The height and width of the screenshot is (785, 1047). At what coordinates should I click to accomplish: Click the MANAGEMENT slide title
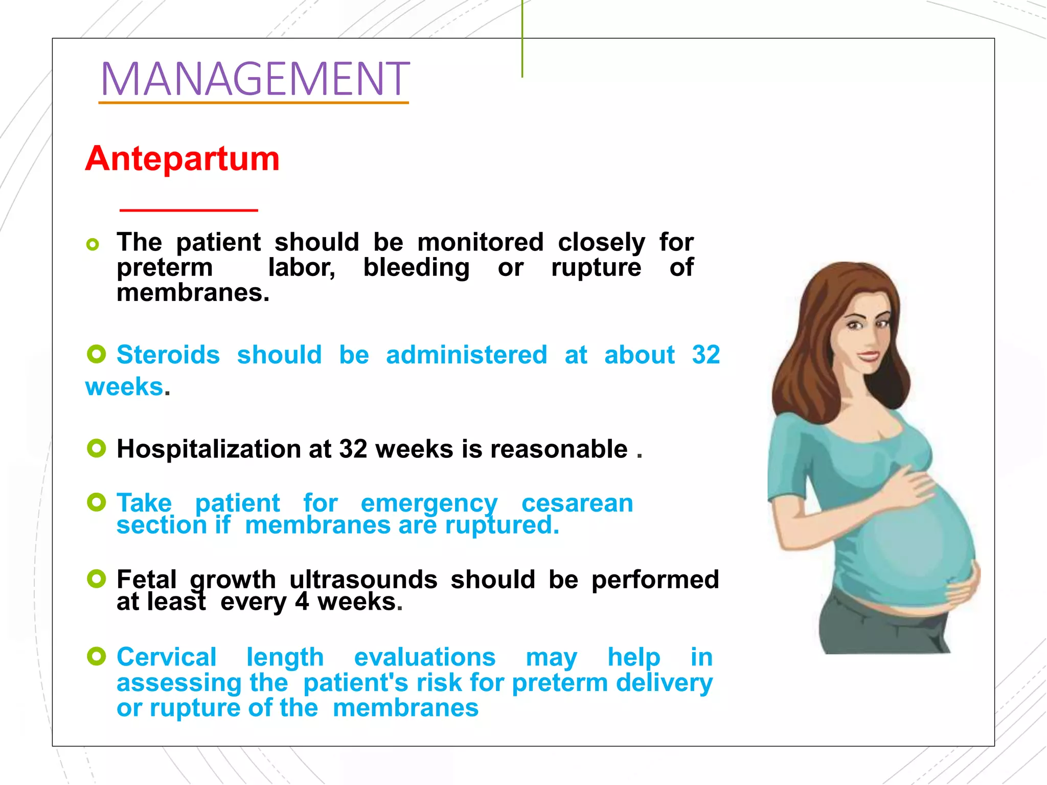click(255, 79)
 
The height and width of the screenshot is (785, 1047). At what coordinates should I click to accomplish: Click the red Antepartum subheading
click(183, 158)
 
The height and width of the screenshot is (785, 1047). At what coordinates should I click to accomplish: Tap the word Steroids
click(168, 355)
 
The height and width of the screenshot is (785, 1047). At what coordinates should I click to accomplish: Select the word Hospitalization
click(209, 449)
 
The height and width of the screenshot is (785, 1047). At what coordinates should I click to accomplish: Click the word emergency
click(429, 504)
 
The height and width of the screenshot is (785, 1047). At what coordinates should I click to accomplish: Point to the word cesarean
click(577, 503)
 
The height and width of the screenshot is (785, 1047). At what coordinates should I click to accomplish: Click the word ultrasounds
click(363, 580)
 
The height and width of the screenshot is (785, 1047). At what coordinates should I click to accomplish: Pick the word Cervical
click(167, 657)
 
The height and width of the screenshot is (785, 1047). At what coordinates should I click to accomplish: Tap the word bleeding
click(416, 267)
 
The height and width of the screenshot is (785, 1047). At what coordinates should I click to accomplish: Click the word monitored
click(480, 242)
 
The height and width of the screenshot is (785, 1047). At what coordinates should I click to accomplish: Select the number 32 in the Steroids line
click(706, 355)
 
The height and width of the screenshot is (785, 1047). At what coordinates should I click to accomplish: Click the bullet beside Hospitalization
click(96, 448)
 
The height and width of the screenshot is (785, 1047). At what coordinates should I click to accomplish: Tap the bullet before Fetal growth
click(96, 579)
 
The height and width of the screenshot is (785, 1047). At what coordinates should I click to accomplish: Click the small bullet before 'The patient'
click(93, 244)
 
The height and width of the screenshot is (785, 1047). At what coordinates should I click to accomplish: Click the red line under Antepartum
click(189, 210)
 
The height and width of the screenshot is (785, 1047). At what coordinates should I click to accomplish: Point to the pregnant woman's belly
click(915, 542)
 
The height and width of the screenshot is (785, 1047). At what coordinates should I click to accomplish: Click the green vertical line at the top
click(522, 38)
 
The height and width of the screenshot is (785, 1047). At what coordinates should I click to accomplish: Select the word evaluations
click(424, 657)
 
